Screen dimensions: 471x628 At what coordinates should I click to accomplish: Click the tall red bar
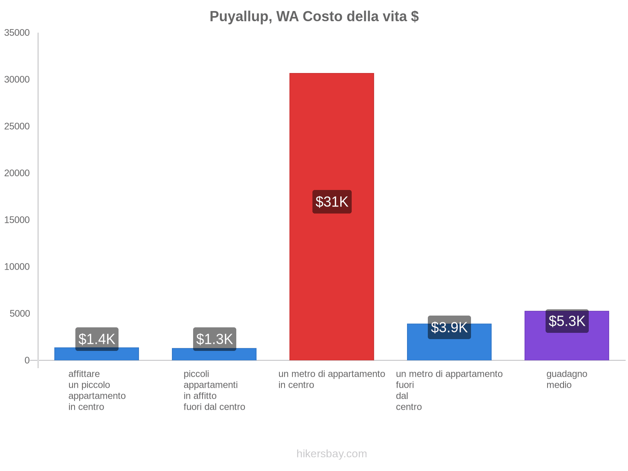pos(332,137)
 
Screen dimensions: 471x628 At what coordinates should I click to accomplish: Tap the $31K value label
pos(332,202)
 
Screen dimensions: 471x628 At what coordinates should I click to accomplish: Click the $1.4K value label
pos(97,339)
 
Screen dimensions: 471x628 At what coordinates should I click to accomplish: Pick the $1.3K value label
pos(214,339)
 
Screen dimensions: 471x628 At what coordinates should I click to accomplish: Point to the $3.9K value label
pos(449,327)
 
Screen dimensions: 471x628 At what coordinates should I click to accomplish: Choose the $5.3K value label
pos(567,321)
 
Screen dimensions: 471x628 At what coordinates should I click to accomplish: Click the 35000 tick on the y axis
pos(17,33)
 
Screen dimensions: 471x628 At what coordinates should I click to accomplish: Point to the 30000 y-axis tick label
pos(17,79)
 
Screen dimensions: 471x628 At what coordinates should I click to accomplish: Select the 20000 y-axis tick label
pos(17,173)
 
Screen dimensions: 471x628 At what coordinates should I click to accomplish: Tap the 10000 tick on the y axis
pos(17,267)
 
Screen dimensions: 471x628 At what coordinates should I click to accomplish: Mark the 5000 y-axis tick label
pos(20,313)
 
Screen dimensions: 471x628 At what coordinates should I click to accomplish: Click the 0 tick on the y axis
pos(27,360)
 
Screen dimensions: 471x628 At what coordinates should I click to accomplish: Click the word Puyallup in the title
pos(241,16)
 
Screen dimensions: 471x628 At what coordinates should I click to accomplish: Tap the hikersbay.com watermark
pos(332,454)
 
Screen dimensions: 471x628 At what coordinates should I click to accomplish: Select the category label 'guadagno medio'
pos(567,379)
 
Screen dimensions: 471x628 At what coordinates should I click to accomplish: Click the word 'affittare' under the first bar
pos(84,374)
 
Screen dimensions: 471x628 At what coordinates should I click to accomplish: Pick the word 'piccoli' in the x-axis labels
pos(196,374)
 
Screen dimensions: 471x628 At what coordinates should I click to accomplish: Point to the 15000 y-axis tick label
pos(17,220)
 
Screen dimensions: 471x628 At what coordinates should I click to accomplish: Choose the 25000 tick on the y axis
pos(17,126)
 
